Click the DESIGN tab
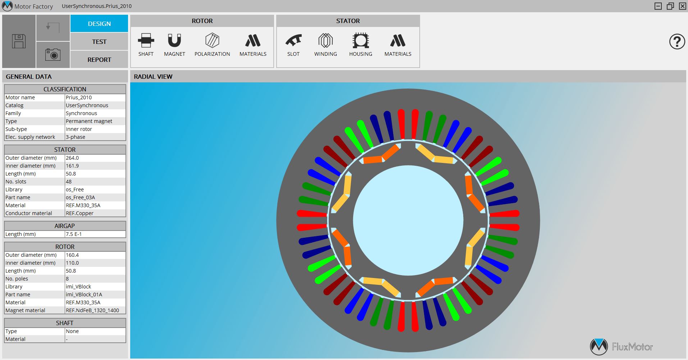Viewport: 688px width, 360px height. [x=99, y=24]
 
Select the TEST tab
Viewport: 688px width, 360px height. [x=99, y=42]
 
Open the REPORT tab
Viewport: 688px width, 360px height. [x=99, y=60]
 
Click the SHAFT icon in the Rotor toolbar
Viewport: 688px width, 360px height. [x=146, y=41]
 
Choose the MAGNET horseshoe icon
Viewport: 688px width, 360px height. [x=174, y=41]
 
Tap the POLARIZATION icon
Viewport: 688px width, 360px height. [x=212, y=41]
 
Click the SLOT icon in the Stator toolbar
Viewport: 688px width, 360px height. [x=293, y=41]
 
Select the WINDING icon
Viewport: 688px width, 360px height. [x=325, y=41]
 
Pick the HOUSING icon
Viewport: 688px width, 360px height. [x=360, y=41]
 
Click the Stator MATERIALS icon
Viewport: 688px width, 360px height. [x=398, y=41]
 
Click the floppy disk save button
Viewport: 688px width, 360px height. [x=19, y=41]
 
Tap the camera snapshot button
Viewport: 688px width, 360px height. [x=53, y=55]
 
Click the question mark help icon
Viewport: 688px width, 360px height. [x=676, y=42]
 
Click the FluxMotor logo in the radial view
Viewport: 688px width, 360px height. [x=621, y=347]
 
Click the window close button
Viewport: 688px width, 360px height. [x=682, y=6]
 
